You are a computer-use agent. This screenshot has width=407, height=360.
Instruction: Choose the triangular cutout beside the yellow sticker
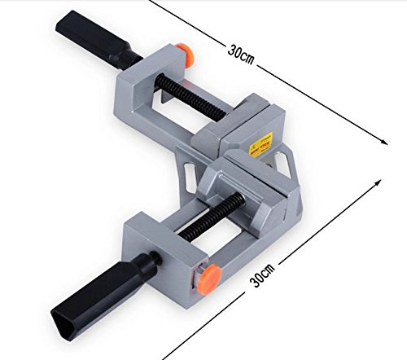click(x=287, y=164)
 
